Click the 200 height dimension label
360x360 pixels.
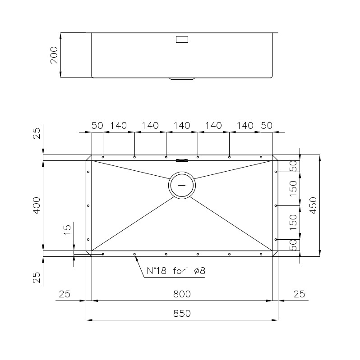[x=54, y=55]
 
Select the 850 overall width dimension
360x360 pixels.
[x=182, y=314]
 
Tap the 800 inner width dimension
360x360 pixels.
[x=182, y=294]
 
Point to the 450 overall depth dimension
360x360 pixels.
[x=313, y=205]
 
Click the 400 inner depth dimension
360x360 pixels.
[x=37, y=205]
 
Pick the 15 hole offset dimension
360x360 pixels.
[x=67, y=230]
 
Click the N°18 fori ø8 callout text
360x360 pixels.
[x=176, y=271]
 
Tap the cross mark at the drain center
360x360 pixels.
[x=182, y=185]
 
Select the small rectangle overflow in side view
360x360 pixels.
[x=182, y=40]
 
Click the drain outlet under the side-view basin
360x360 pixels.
[x=182, y=79]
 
